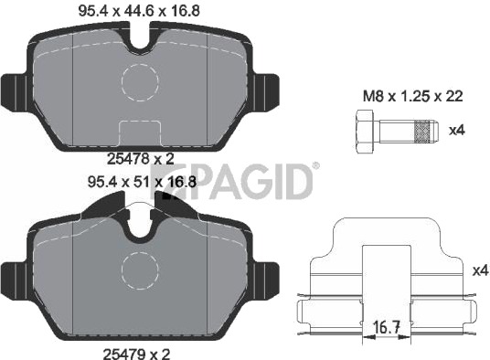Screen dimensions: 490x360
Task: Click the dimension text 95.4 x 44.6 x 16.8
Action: pyautogui.click(x=139, y=11)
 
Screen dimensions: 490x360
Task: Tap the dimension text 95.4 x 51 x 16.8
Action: pyautogui.click(x=143, y=182)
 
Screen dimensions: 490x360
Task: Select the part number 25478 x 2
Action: pyautogui.click(x=140, y=159)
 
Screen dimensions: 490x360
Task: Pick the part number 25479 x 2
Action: pyautogui.click(x=136, y=355)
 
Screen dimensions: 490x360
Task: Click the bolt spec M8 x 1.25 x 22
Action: pyautogui.click(x=412, y=96)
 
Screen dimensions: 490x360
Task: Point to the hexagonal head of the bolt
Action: pyautogui.click(x=365, y=132)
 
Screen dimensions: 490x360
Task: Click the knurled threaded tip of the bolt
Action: pyautogui.click(x=421, y=132)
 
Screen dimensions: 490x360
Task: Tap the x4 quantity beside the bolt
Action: pyautogui.click(x=457, y=131)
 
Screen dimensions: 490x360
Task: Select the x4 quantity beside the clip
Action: pyautogui.click(x=480, y=270)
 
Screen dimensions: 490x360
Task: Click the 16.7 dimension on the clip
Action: pyautogui.click(x=387, y=327)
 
